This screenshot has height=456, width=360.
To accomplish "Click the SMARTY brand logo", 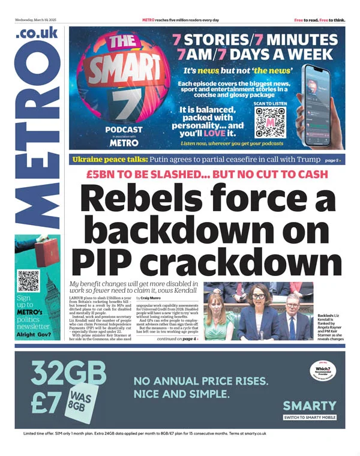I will [310, 405].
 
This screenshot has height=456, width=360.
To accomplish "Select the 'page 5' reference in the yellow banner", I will [333, 161].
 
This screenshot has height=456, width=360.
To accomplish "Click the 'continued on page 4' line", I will [177, 339].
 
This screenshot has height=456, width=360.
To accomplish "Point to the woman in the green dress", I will [218, 318].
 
